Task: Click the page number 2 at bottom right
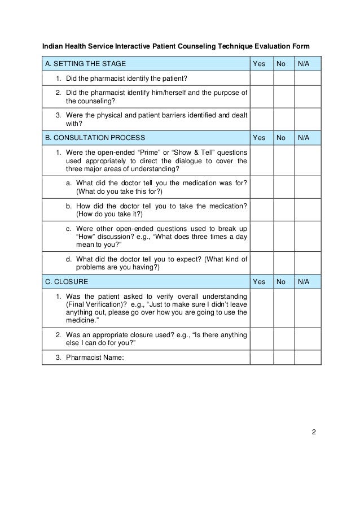click(x=314, y=433)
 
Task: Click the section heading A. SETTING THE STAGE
click(x=86, y=63)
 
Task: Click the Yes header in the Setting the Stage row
click(x=258, y=63)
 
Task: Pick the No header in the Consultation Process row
click(x=280, y=137)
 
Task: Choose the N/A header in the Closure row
click(x=304, y=281)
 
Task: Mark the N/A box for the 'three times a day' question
click(x=308, y=238)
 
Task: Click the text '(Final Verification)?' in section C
click(x=93, y=304)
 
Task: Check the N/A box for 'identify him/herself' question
click(x=308, y=97)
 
